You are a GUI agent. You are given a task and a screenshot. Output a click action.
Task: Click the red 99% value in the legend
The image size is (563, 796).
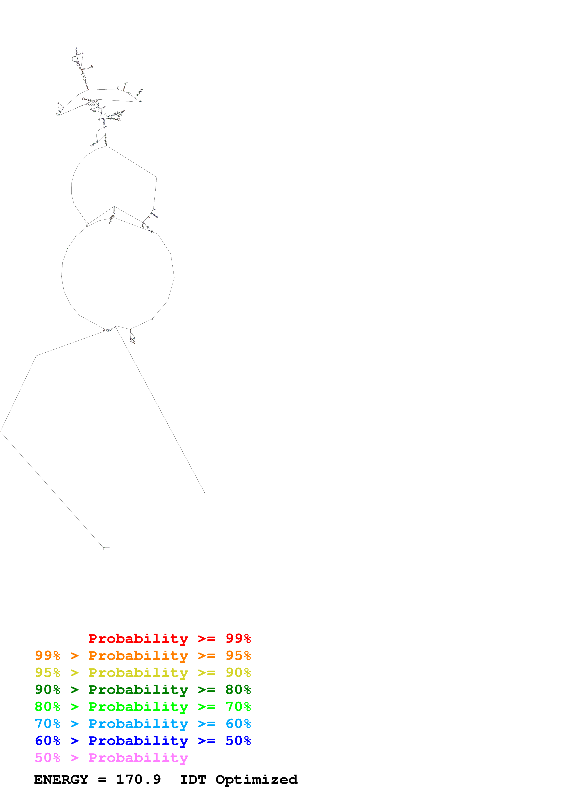click(238, 638)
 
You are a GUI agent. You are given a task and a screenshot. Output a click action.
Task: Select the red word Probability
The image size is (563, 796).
click(138, 638)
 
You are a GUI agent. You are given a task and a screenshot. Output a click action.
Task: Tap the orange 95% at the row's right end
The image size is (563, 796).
click(238, 655)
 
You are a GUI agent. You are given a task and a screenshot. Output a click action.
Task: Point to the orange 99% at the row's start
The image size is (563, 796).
click(47, 655)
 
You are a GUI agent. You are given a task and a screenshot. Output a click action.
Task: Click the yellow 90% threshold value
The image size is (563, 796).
click(238, 672)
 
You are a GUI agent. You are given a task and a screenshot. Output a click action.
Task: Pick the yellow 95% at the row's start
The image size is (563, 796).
click(47, 672)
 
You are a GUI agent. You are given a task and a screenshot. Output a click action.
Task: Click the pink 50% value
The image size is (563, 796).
click(47, 757)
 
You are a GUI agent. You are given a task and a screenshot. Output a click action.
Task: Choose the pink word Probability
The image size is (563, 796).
click(138, 757)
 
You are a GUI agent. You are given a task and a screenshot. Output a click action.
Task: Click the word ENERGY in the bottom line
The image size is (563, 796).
click(61, 779)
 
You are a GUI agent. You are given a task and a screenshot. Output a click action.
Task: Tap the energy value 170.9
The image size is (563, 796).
click(138, 779)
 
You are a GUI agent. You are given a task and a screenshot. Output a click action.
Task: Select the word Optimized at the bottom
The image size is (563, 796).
click(256, 779)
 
